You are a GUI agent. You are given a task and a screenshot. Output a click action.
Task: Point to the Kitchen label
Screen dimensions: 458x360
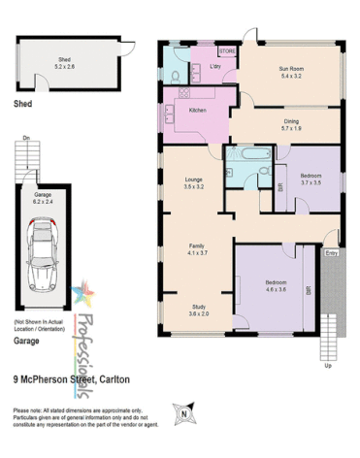pos(198,110)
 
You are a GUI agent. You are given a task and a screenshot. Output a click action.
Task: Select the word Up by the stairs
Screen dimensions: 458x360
pos(328,367)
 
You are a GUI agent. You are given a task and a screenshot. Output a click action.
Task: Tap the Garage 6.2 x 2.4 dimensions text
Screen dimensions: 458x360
pos(43,200)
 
